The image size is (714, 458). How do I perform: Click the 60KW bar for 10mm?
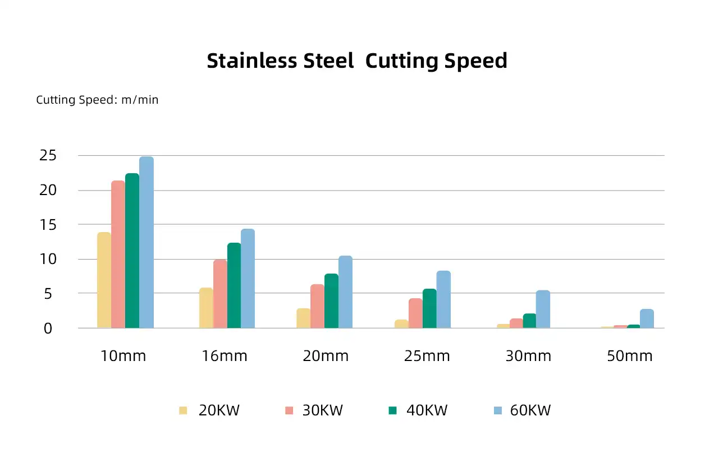tap(147, 242)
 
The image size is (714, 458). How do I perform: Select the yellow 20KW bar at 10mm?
tap(104, 280)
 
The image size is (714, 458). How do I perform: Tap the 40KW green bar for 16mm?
tap(234, 285)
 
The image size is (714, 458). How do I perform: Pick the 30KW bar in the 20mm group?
tap(318, 306)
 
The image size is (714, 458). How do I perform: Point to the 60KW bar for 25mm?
tap(443, 299)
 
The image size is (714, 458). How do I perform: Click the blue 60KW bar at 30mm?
tap(543, 309)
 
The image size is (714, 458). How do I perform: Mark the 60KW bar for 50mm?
tap(647, 318)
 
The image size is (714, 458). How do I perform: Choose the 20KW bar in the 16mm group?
tap(206, 308)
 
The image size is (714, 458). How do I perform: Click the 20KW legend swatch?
tap(183, 410)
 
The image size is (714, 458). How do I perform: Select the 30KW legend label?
tap(322, 410)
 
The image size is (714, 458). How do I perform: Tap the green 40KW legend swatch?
tap(392, 410)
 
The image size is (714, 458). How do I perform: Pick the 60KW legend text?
tap(530, 410)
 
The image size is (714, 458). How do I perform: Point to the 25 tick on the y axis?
tap(48, 155)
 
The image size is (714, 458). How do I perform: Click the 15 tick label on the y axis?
tap(48, 224)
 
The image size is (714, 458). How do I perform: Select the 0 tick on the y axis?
tap(48, 328)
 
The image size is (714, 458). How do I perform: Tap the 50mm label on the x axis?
tap(630, 356)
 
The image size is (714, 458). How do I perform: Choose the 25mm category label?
tap(427, 356)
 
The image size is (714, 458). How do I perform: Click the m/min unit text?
tap(140, 100)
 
